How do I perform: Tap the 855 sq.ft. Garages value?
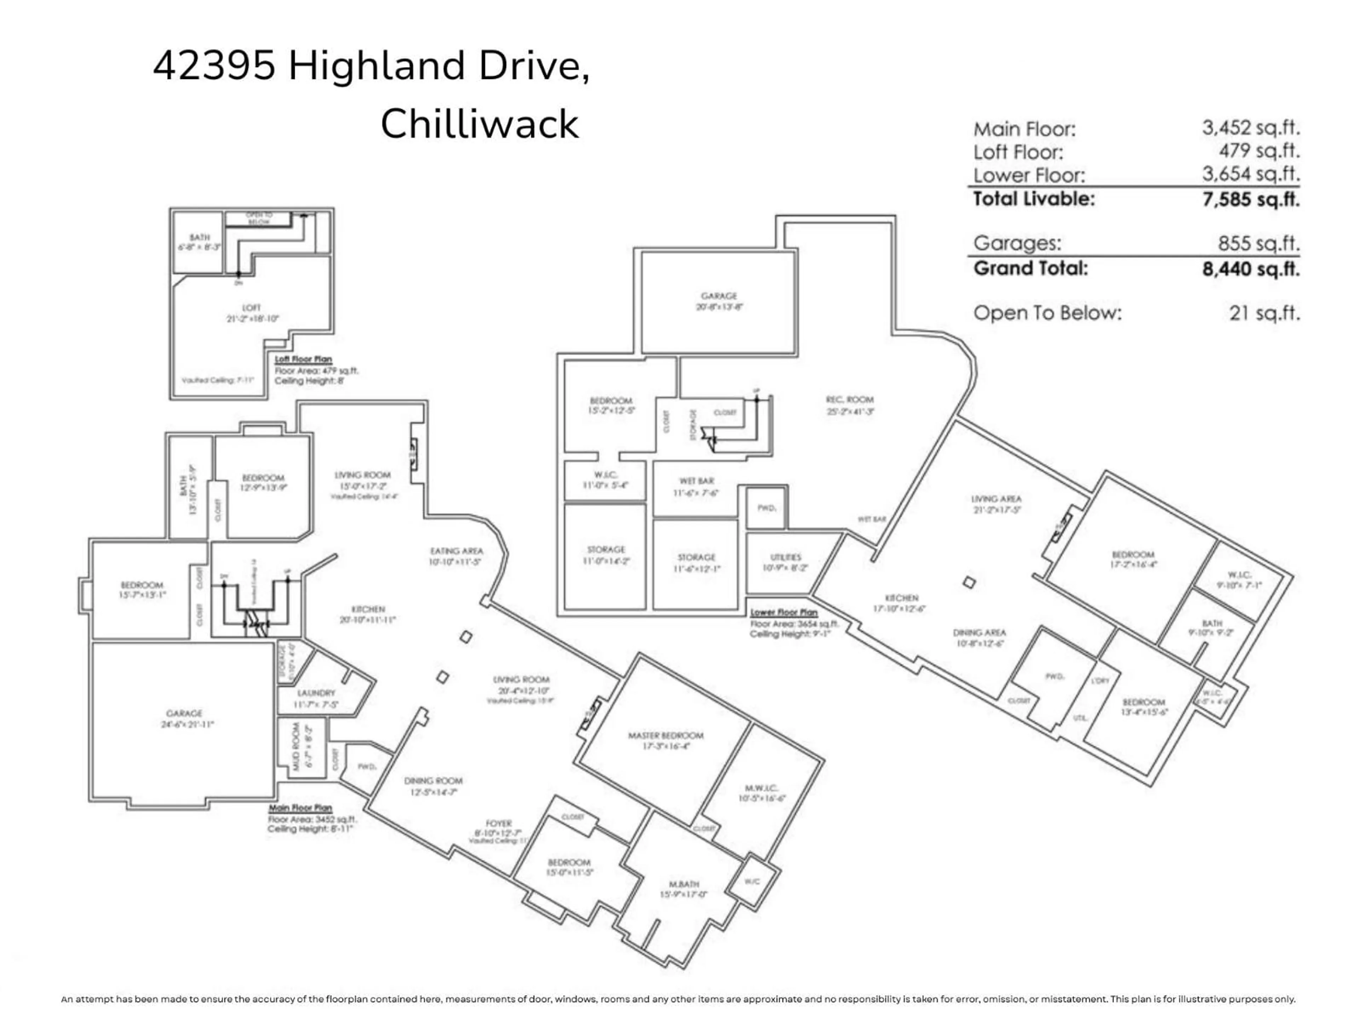[x=1258, y=243]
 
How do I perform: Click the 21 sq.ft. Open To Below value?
[x=1265, y=313]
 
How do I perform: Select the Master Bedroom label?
[x=665, y=735]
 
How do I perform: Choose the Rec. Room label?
[x=850, y=399]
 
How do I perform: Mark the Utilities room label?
[x=785, y=557]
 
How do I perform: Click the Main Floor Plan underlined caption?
[x=300, y=808]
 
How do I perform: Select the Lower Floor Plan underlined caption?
[x=784, y=612]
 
